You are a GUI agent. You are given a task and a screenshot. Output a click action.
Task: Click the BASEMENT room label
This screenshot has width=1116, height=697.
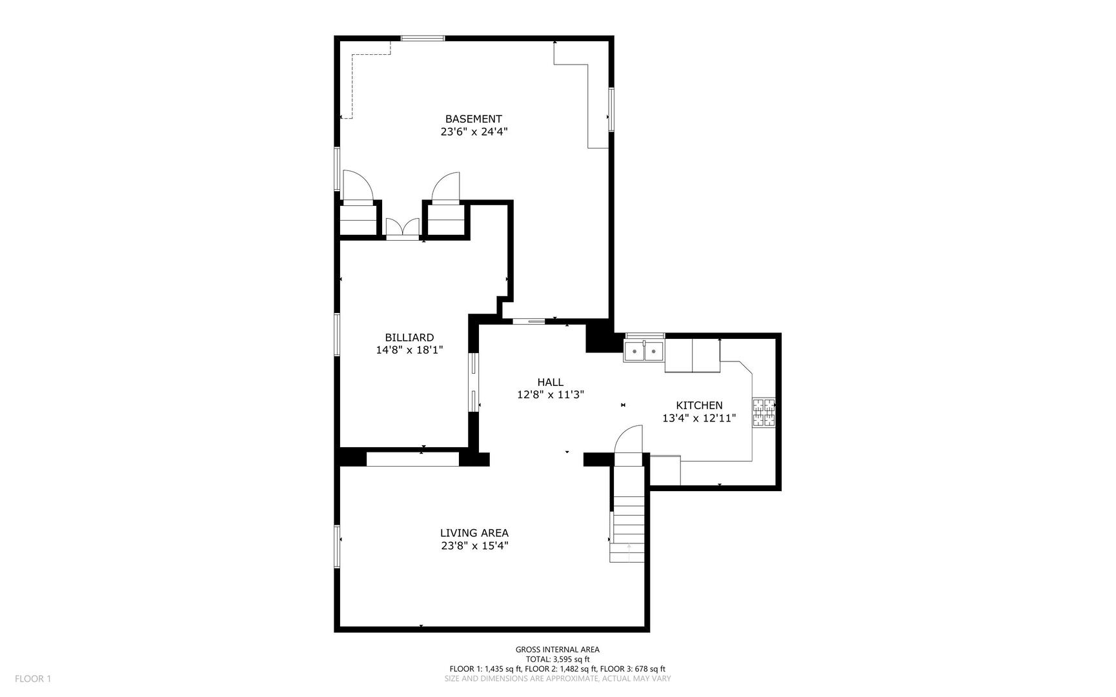pos(473,119)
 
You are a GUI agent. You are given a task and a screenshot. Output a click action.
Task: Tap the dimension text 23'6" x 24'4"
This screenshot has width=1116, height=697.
pos(474,132)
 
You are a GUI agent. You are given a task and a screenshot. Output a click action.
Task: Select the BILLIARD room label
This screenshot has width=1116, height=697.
pos(409,338)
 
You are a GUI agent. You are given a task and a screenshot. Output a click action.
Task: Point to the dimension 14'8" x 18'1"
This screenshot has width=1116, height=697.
pos(409,350)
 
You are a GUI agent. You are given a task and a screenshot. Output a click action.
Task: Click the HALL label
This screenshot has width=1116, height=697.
pos(550,382)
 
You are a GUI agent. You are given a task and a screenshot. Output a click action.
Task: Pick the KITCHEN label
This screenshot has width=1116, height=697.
pos(699,405)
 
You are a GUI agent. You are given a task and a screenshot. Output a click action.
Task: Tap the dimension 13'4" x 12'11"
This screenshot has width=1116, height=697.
pos(699,418)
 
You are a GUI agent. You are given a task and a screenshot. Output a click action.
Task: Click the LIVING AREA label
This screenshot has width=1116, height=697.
pos(474,533)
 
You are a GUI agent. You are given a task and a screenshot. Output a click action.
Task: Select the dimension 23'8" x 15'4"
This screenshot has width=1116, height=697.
pos(474,546)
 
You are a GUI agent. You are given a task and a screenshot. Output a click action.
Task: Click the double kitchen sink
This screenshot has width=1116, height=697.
pos(644,352)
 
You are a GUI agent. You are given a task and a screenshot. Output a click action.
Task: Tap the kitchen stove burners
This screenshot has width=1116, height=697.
pos(764,413)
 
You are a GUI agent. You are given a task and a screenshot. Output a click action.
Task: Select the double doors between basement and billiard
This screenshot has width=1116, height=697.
pos(402,228)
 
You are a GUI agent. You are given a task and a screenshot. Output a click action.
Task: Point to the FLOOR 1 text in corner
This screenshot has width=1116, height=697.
pos(33,678)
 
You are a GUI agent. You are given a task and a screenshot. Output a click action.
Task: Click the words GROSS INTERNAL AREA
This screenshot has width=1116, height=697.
pos(557,650)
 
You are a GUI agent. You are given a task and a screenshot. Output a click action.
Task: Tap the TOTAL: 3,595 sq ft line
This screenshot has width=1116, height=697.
pos(557,660)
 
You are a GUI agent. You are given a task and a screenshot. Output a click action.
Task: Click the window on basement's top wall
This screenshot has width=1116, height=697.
pos(422,39)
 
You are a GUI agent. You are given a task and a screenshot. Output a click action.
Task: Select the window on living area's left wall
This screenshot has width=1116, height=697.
pos(337,546)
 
